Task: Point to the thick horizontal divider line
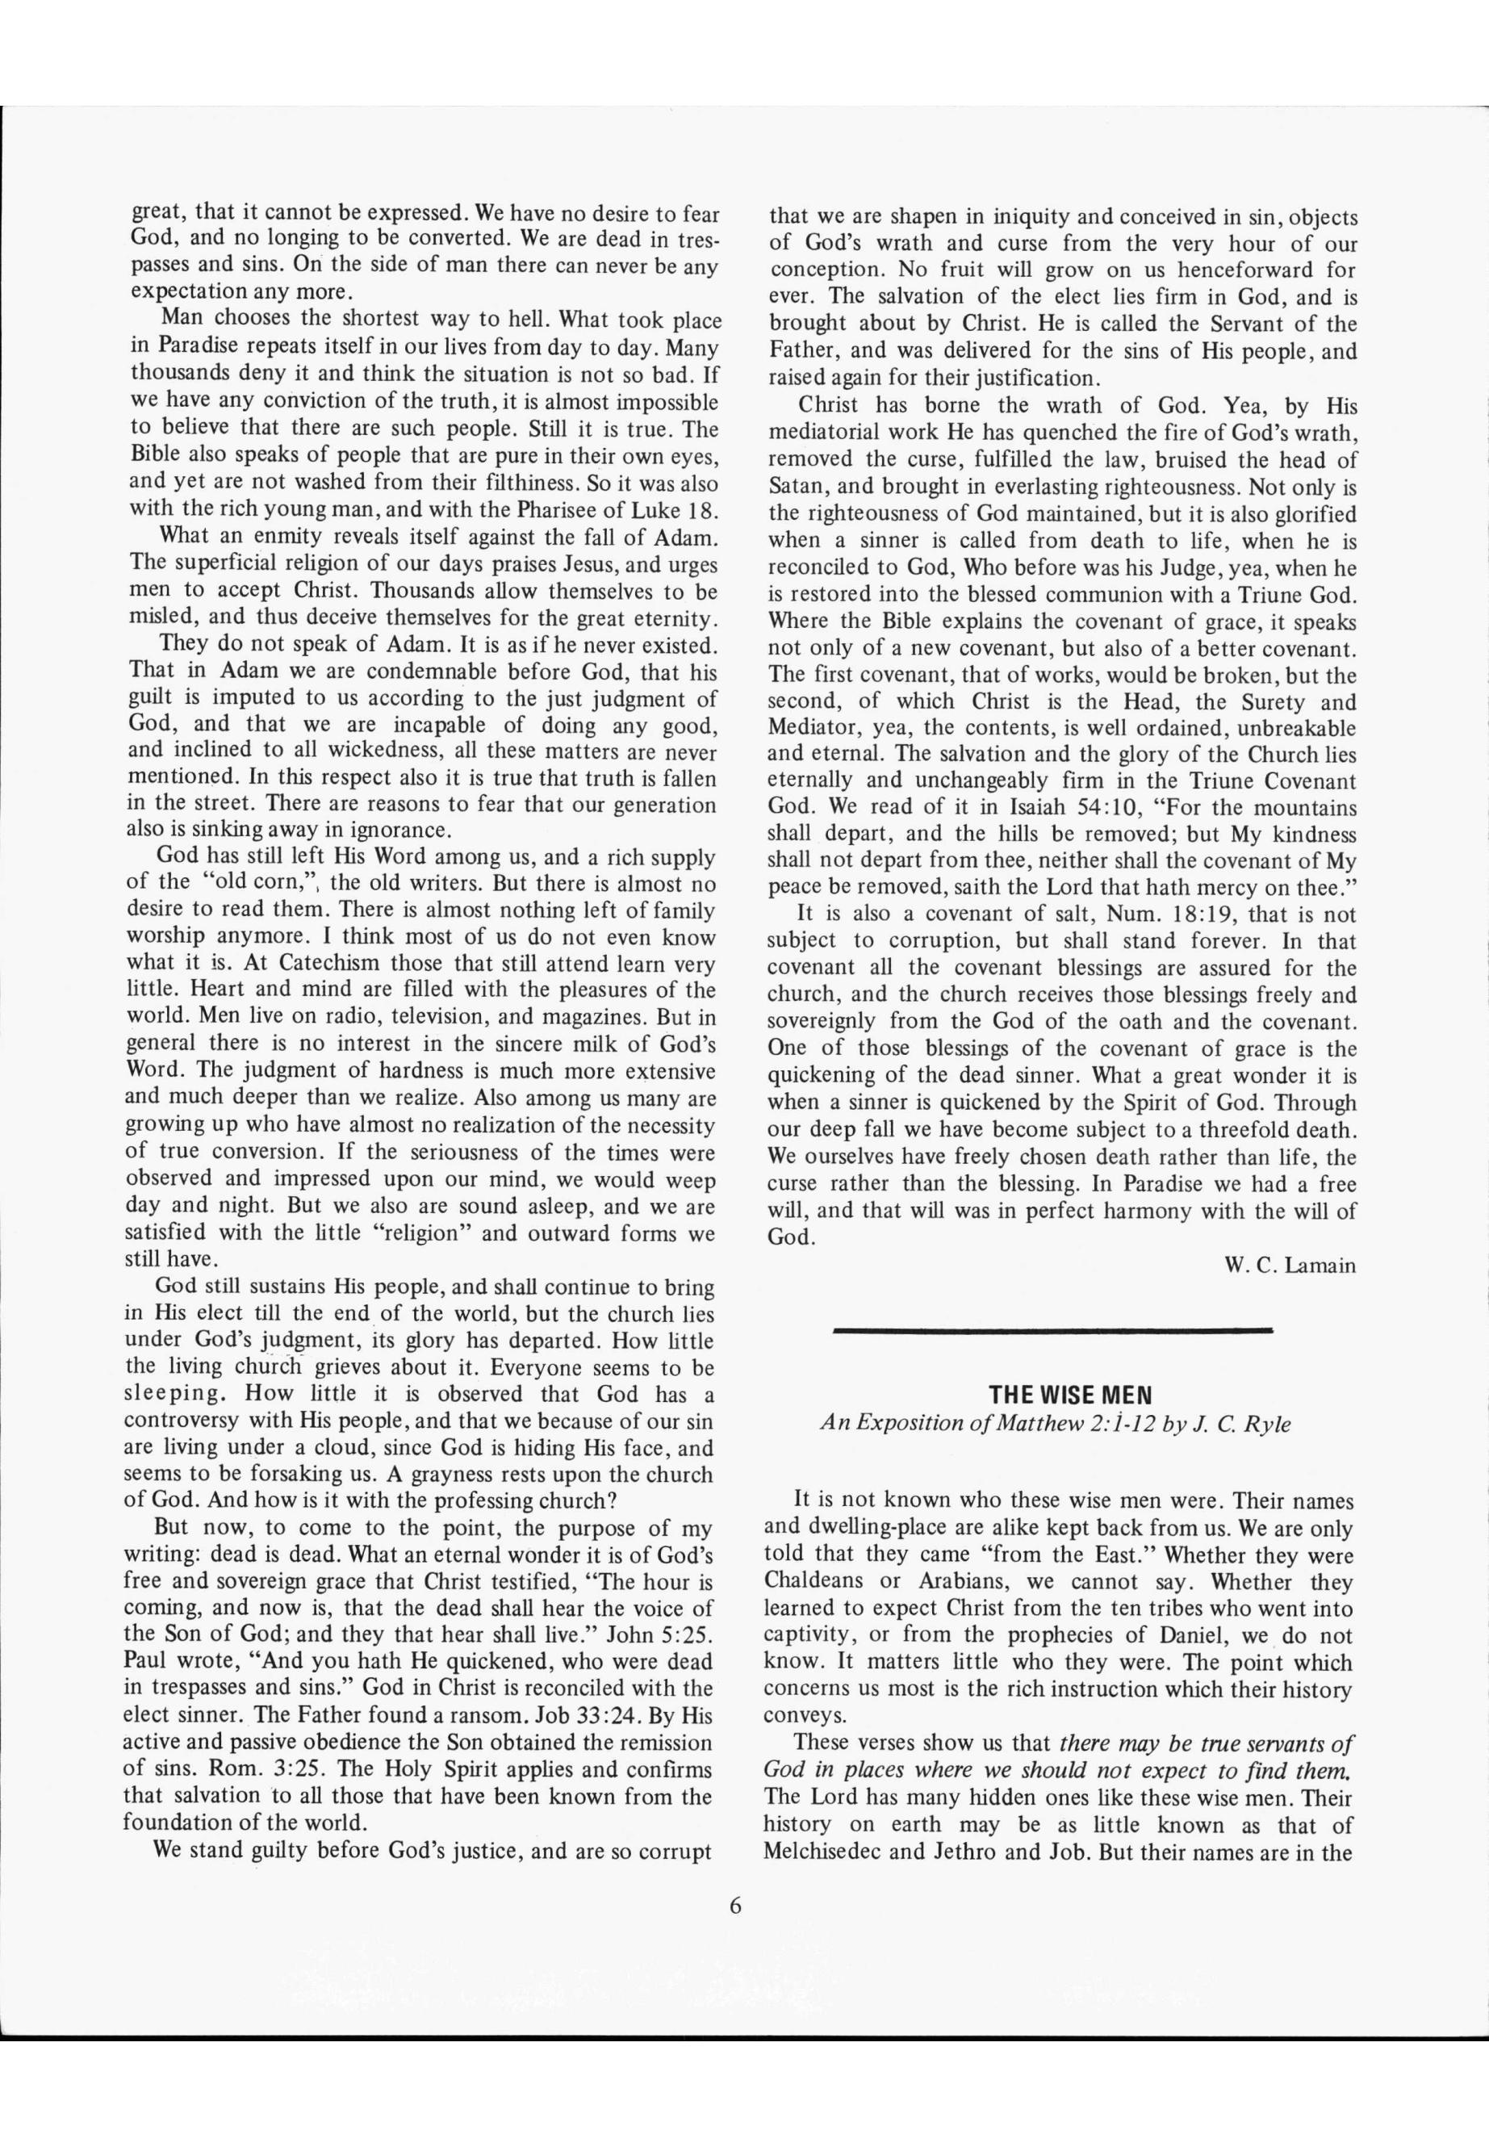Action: click(x=1053, y=1328)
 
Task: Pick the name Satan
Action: click(x=794, y=487)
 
